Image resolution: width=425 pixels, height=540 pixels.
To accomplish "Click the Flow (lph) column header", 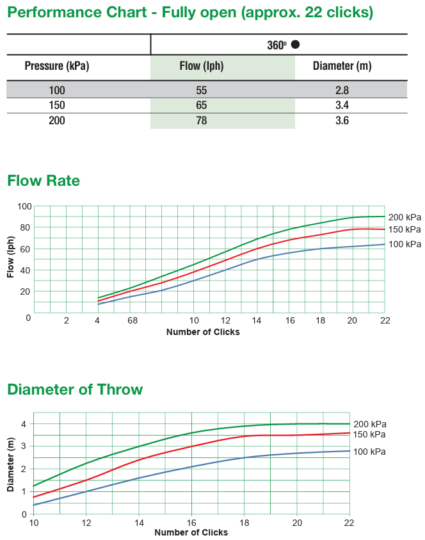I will point(201,67).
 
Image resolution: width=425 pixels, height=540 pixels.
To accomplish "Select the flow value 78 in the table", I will point(201,120).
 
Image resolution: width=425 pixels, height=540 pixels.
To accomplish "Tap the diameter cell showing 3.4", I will point(342,105).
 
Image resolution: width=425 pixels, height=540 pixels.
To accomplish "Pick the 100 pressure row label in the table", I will point(57,90).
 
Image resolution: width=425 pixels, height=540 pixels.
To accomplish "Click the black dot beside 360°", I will point(295,44).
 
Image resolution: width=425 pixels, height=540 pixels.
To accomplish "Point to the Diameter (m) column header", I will point(342,67).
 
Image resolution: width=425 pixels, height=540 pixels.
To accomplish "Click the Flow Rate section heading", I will point(44,181).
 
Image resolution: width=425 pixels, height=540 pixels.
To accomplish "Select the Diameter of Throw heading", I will point(75,389).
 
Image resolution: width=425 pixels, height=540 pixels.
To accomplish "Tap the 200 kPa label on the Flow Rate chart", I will point(405,217).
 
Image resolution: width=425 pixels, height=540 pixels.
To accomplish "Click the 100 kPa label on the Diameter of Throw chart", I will point(369,452).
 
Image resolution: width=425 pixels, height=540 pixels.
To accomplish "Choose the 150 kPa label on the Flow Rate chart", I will point(405,229).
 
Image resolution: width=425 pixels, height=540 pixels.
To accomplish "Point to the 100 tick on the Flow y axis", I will point(24,206).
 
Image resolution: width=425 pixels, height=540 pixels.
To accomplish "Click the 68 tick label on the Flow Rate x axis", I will point(132,321).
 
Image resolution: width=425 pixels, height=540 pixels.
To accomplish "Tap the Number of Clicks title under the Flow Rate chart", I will point(203,332).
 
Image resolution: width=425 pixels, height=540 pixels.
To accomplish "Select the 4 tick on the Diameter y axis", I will point(24,423).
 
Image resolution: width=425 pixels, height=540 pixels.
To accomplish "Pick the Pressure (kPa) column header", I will point(57,67).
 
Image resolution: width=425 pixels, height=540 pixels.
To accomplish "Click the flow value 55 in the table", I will point(201,90).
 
